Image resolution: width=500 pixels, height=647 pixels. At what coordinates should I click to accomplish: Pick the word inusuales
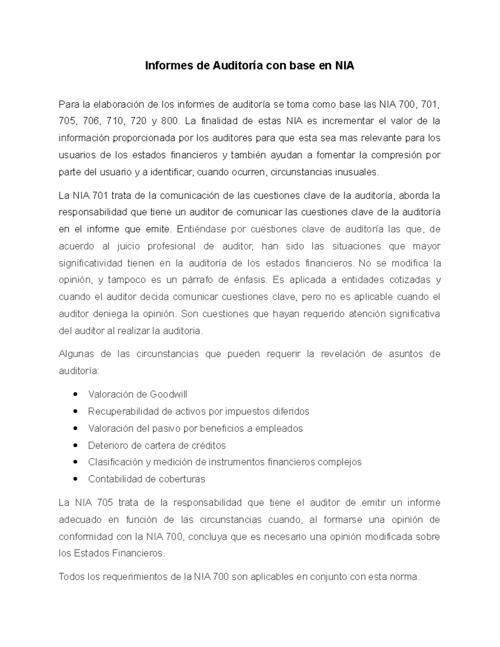[x=357, y=172]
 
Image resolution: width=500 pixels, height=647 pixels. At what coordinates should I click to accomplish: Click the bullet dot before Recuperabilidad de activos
[x=75, y=411]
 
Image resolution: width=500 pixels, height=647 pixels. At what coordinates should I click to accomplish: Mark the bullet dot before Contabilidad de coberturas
[x=75, y=479]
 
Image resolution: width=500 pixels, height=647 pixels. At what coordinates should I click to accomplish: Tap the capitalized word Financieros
[x=138, y=554]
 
